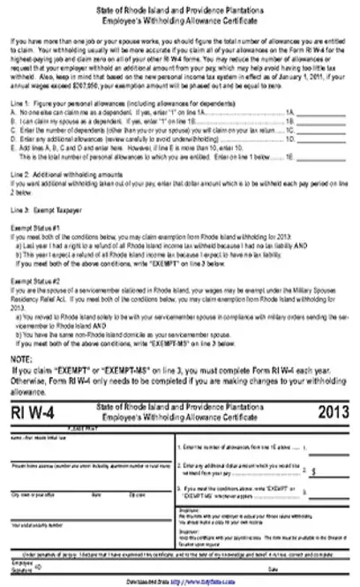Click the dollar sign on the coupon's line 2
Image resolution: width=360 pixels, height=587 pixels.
coord(314,471)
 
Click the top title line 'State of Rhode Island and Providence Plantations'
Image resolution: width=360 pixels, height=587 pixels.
coord(179,7)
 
